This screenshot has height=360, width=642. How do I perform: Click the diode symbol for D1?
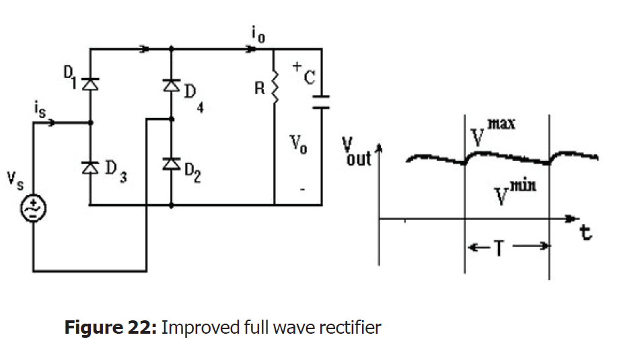point(90,83)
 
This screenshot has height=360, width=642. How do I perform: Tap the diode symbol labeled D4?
point(171,85)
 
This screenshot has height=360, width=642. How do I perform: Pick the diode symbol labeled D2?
point(171,164)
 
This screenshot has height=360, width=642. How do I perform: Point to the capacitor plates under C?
point(322,101)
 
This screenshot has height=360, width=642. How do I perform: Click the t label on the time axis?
point(587,233)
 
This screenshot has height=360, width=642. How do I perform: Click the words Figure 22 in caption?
point(110,328)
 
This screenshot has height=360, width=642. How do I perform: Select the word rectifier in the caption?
point(353,328)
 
